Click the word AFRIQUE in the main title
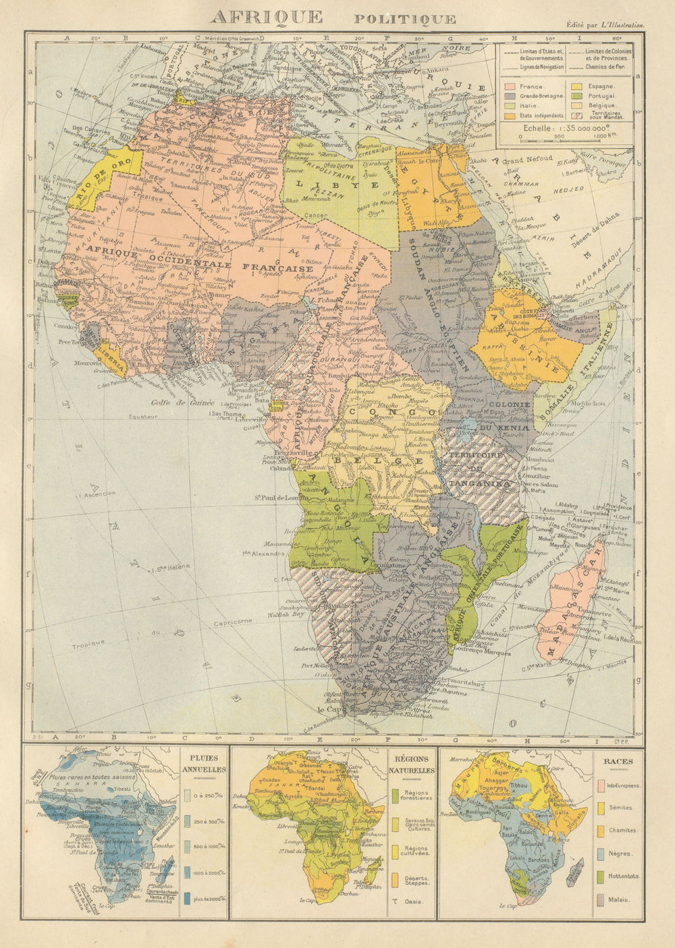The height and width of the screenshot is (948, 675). click(266, 18)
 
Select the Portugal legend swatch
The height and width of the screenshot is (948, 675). click(577, 96)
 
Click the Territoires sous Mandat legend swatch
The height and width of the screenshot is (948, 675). click(577, 115)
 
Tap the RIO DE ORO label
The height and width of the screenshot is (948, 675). click(98, 177)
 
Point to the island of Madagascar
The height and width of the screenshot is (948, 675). click(574, 607)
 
